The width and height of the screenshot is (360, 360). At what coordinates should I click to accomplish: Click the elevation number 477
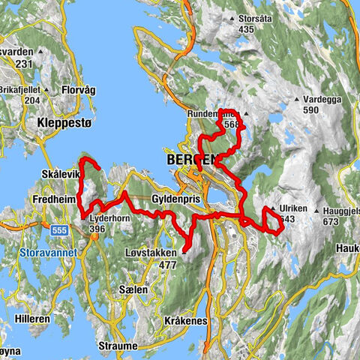(x=167, y=265)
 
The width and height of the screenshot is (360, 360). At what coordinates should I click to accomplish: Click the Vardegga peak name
(x=323, y=99)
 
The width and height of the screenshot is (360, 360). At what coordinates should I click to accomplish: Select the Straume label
(x=118, y=346)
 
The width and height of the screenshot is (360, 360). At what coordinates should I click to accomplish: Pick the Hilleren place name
(x=32, y=319)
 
